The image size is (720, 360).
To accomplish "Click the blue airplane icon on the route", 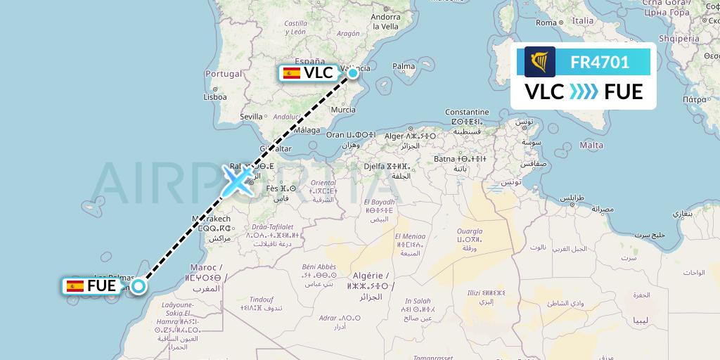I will pyautogui.click(x=238, y=181).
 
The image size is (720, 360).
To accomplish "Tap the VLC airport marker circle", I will pyautogui.click(x=353, y=72).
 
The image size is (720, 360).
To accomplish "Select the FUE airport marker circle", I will pyautogui.click(x=139, y=285).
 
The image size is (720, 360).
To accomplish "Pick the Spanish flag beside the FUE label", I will pyautogui.click(x=75, y=286).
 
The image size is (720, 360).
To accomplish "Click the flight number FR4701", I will pyautogui.click(x=600, y=62).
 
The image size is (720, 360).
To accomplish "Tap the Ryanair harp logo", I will pyautogui.click(x=540, y=62).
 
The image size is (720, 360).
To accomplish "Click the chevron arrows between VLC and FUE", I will pyautogui.click(x=584, y=92).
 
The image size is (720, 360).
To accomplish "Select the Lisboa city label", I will pyautogui.click(x=214, y=97).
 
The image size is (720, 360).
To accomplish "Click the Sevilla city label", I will pyautogui.click(x=251, y=116).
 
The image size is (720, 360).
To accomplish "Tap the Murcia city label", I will pyautogui.click(x=343, y=110).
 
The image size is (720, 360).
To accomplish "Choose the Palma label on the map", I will pyautogui.click(x=404, y=67).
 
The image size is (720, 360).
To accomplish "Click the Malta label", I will pyautogui.click(x=592, y=146).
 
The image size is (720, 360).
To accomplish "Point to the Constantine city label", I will pyautogui.click(x=467, y=112).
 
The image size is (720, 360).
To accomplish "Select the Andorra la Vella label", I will pyautogui.click(x=386, y=21).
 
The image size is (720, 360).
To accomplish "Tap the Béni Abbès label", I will pyautogui.click(x=319, y=266).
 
